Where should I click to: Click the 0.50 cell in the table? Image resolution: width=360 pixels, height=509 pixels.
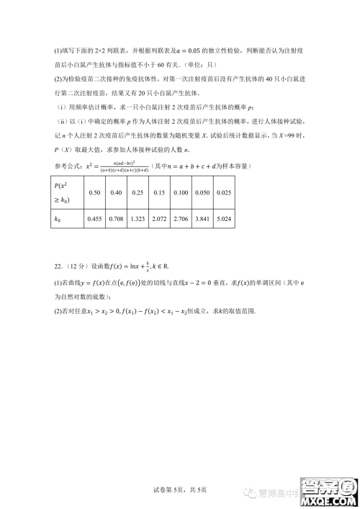pos(94,192)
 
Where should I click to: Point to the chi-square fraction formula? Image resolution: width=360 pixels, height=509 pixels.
pos(122,166)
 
